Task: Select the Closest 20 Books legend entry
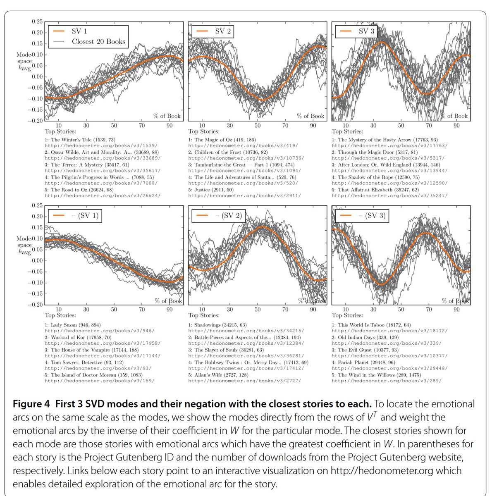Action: pos(98,41)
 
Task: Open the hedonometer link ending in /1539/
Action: pos(101,145)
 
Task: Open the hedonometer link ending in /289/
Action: pos(386,381)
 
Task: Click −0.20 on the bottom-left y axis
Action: pos(35,305)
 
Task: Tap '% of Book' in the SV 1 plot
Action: pos(167,116)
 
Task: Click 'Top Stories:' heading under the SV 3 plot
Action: pos(347,131)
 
